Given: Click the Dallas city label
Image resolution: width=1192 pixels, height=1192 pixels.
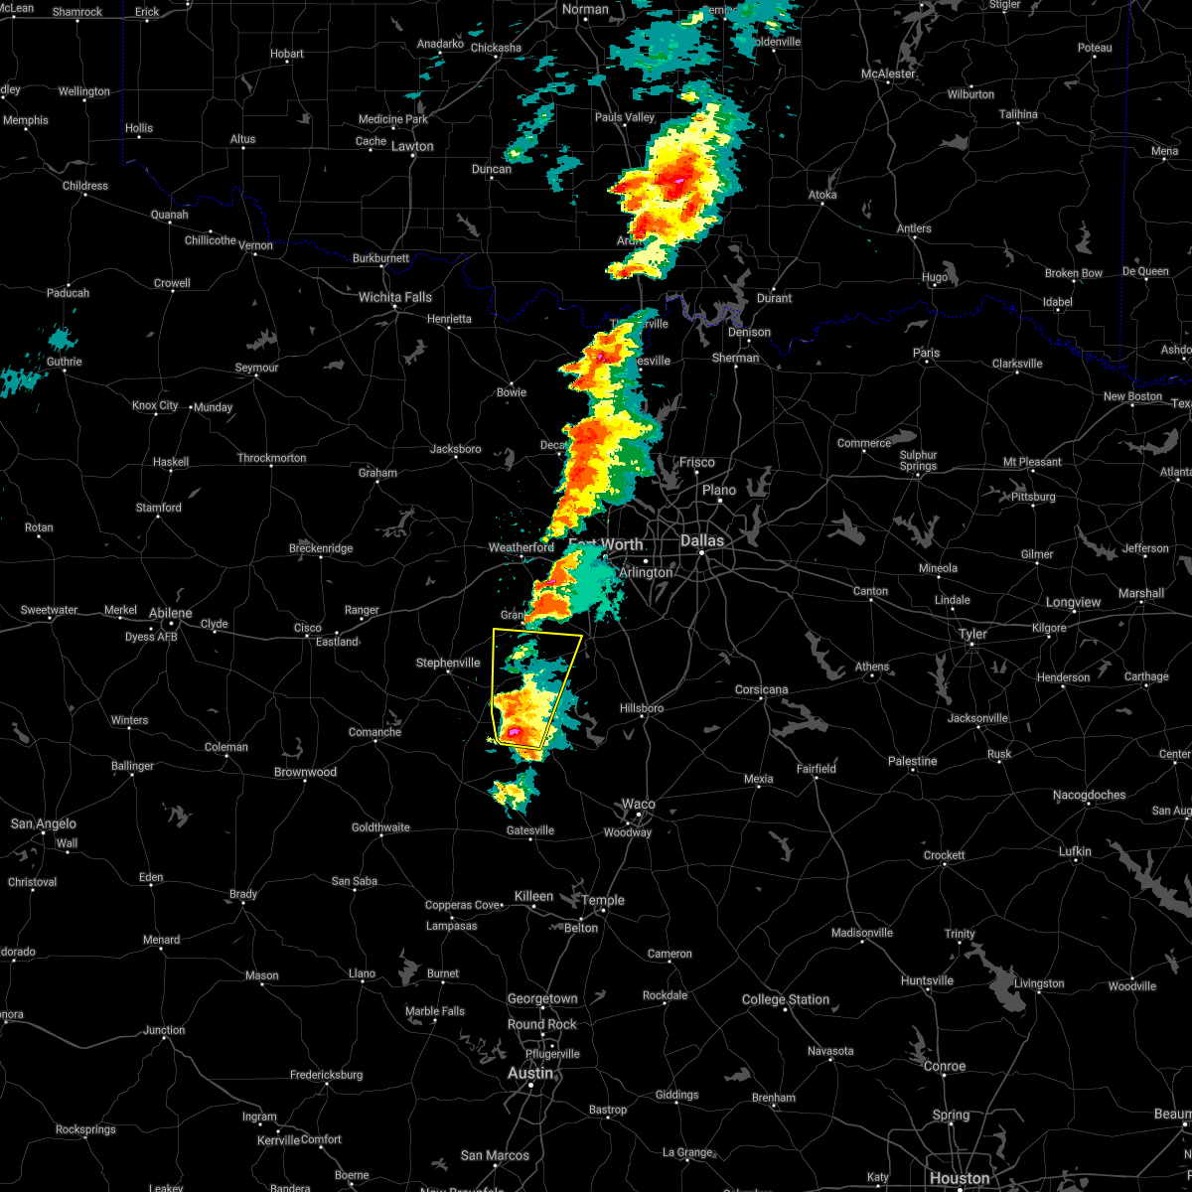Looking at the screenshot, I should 702,541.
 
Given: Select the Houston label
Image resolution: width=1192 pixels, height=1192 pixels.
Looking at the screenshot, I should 960,1178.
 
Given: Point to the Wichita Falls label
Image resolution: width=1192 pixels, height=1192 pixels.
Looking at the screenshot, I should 395,297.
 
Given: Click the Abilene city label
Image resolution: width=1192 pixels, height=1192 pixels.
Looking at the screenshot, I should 170,614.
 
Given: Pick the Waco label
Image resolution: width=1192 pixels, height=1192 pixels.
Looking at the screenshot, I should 639,805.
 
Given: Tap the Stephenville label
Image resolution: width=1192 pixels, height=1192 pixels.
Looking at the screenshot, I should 448,663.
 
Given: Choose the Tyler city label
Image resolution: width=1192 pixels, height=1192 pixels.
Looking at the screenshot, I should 972,634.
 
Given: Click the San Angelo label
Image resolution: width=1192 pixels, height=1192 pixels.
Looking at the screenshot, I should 44,823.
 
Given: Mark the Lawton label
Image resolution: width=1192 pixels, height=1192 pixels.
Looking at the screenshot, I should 412,146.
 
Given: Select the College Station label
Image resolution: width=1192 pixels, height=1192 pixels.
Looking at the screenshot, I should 786,999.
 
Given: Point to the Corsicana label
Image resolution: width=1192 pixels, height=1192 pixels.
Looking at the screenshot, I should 762,689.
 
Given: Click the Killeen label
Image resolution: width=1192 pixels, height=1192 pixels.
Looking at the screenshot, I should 533,896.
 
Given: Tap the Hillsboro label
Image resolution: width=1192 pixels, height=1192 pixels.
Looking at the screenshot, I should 643,708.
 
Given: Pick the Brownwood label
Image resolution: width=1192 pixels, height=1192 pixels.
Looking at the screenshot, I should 305,772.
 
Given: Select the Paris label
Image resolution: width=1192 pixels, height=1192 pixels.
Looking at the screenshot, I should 926,353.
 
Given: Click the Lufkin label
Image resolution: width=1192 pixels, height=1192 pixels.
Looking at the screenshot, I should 1075,851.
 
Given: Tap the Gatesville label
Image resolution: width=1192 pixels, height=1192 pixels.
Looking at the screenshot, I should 530,830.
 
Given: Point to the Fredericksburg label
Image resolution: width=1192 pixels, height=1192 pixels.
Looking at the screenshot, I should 326,1075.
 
